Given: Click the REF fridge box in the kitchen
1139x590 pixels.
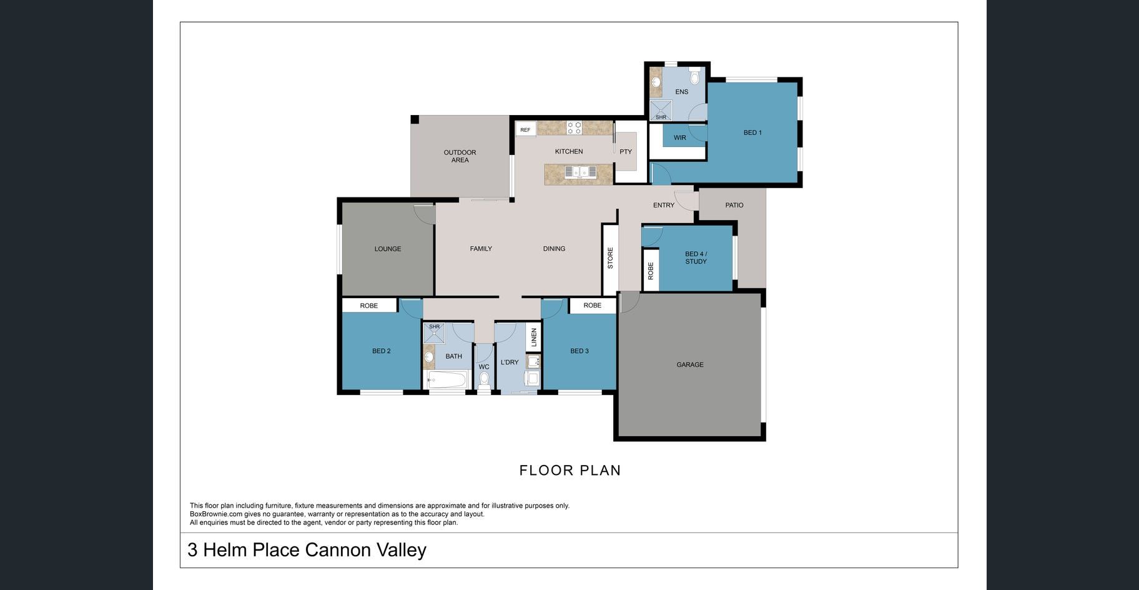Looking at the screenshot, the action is (x=525, y=130).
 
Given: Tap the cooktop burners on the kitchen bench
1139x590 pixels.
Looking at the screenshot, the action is (x=574, y=128).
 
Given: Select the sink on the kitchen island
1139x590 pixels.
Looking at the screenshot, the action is (x=580, y=172).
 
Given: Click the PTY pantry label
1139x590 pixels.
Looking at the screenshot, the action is (x=626, y=152).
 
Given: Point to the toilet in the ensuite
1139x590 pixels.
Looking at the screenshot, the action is (x=694, y=77).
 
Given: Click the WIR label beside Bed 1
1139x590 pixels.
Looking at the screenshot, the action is (x=680, y=137).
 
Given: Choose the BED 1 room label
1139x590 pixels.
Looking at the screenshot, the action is (x=752, y=132).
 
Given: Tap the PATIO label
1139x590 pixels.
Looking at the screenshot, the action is (x=734, y=205).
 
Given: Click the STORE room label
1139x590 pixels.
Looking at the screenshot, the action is (x=610, y=258).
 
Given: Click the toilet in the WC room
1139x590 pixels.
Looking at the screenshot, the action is (x=484, y=378).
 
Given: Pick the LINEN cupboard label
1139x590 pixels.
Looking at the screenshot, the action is (x=534, y=338).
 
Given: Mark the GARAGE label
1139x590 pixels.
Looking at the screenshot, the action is (x=690, y=364).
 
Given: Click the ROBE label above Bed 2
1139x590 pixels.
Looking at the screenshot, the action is (x=369, y=306).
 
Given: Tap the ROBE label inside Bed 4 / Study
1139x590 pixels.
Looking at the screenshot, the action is (x=651, y=271).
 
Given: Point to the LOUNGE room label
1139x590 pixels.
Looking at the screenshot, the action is (x=388, y=249).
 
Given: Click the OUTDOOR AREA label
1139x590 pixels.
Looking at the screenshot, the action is (x=460, y=156).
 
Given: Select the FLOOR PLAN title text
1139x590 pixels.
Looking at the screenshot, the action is (x=570, y=471).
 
